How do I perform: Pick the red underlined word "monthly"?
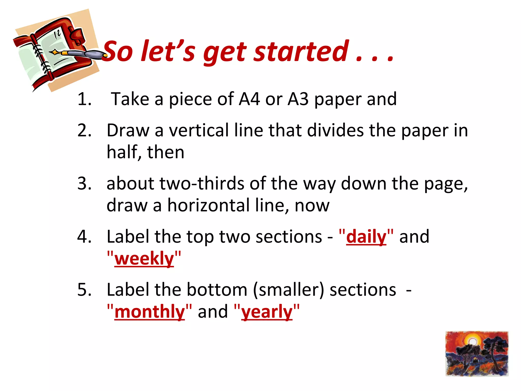pyautogui.click(x=150, y=312)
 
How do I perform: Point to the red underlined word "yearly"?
pyautogui.click(x=267, y=312)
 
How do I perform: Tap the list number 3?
pyautogui.click(x=84, y=183)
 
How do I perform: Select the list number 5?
pyautogui.click(x=84, y=290)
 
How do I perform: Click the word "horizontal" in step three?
pyautogui.click(x=208, y=205)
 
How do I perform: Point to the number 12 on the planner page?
pyautogui.click(x=57, y=34)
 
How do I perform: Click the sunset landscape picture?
pyautogui.click(x=477, y=354)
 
